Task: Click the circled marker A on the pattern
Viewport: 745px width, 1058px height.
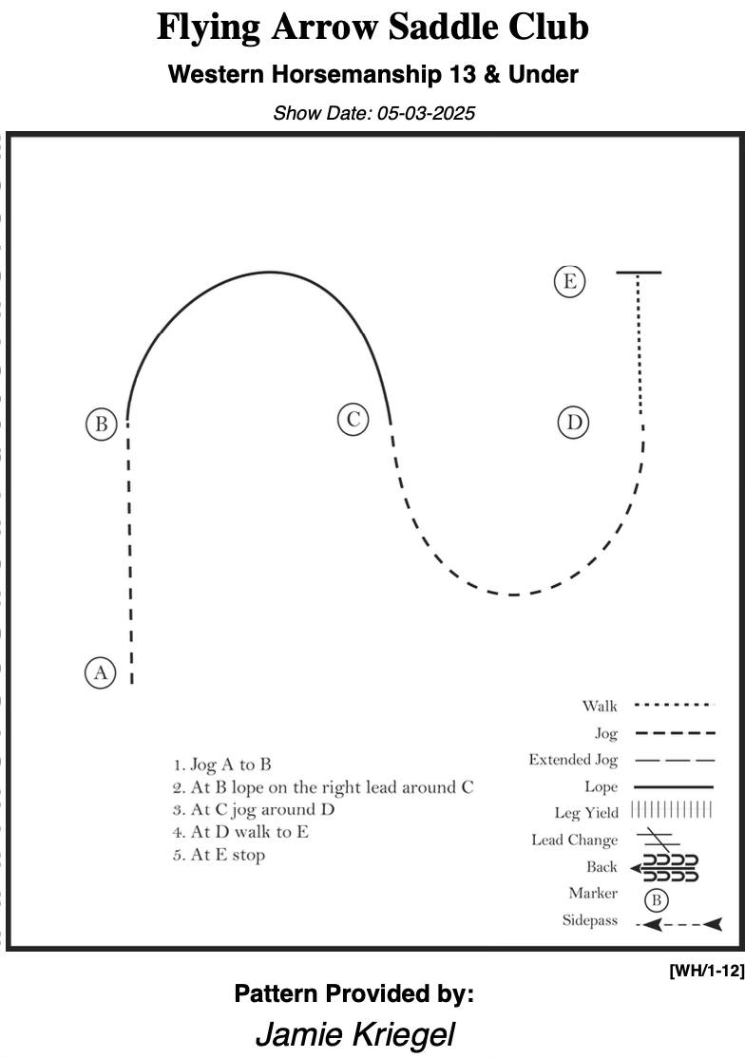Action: (101, 672)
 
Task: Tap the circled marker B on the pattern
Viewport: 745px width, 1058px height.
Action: (102, 425)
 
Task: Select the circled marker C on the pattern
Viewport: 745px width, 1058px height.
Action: (353, 420)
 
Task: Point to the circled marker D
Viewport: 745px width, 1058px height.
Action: (574, 423)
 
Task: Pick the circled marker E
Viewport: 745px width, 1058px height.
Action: (569, 281)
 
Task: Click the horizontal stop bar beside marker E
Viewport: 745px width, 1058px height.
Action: (639, 273)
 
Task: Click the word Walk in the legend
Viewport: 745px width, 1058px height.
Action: (600, 706)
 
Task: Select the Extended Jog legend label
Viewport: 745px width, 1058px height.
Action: (573, 761)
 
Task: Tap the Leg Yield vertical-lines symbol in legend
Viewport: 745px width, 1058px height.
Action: (672, 809)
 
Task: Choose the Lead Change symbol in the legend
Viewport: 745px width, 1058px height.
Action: (658, 839)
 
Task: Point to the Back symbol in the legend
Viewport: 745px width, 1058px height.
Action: (664, 868)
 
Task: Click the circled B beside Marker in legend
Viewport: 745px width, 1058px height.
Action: (656, 899)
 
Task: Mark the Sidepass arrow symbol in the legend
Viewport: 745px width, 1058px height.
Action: (678, 924)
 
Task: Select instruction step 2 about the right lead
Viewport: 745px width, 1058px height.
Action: (323, 787)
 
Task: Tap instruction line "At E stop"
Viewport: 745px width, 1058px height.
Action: (219, 855)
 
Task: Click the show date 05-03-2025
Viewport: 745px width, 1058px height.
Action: (426, 113)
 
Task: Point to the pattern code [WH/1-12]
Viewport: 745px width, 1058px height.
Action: (707, 971)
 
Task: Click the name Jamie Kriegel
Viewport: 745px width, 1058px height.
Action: (355, 1033)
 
